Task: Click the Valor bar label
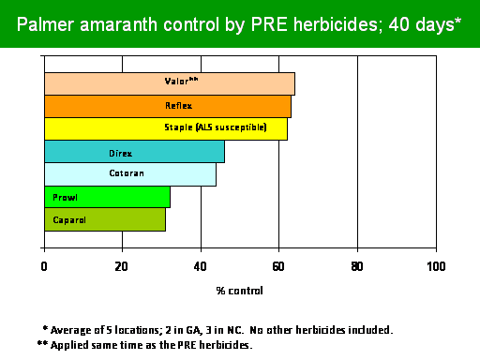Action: (x=181, y=81)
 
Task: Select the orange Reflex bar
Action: (x=168, y=107)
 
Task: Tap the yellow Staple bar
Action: (x=166, y=128)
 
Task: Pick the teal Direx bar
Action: (x=134, y=152)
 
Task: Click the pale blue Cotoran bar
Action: (x=130, y=174)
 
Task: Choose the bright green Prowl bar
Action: (x=107, y=197)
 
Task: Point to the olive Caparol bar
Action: (x=105, y=219)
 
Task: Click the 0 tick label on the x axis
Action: (x=44, y=266)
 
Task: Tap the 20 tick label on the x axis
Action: (x=121, y=266)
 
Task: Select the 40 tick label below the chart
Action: (x=200, y=266)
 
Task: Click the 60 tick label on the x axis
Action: (x=278, y=266)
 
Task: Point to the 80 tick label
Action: (x=357, y=266)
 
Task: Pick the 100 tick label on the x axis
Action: (x=436, y=266)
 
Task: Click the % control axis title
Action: (x=239, y=291)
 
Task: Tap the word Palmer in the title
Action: (x=45, y=24)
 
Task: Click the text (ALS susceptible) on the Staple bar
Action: (x=232, y=127)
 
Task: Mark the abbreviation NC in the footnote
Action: (x=235, y=330)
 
